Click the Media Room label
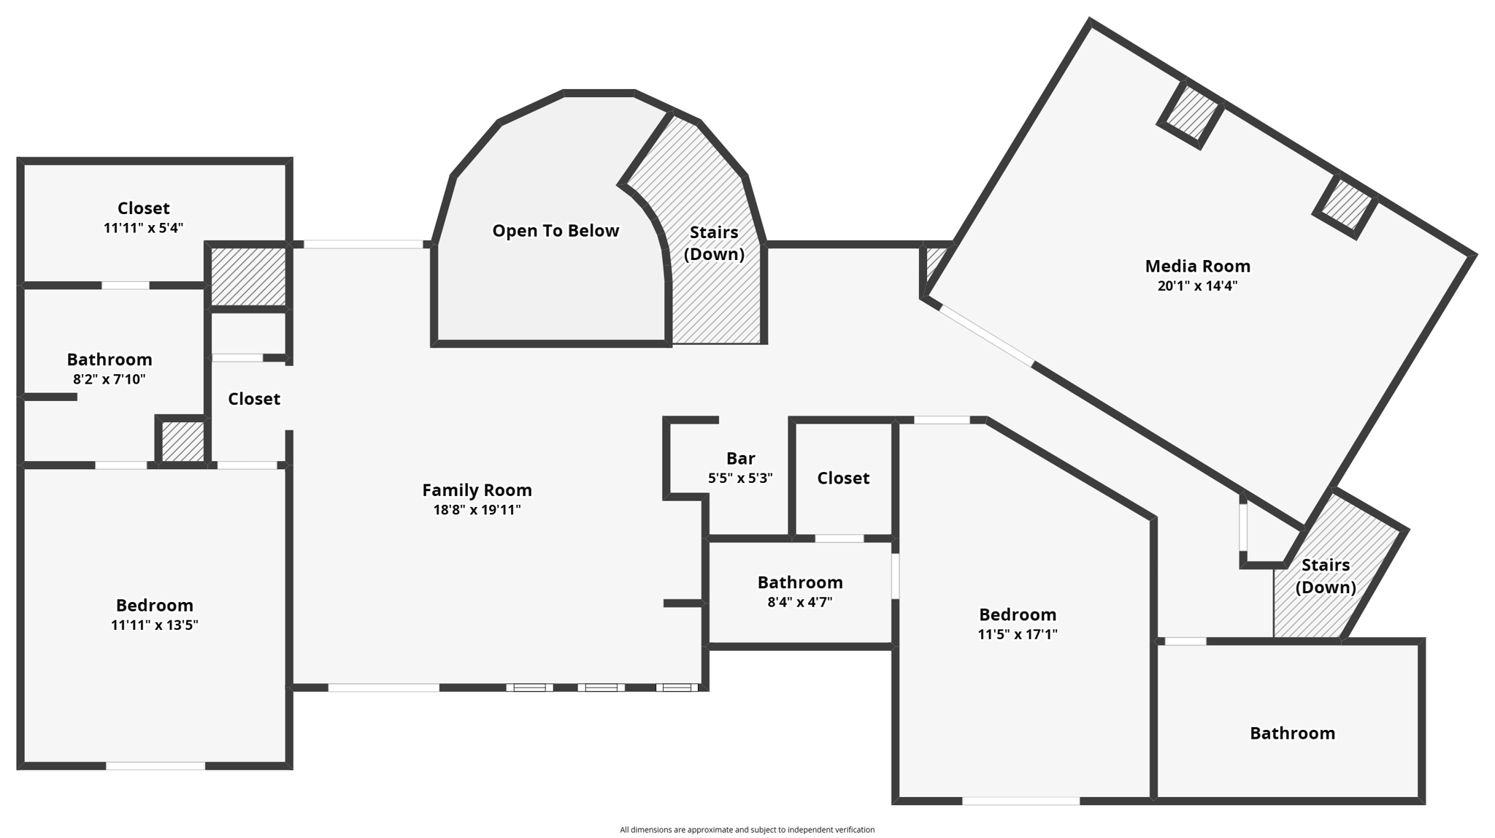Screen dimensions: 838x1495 coord(1197,266)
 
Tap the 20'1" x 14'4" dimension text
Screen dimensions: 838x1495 coord(1197,286)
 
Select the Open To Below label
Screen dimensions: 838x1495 coord(556,231)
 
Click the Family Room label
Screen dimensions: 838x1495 coord(477,490)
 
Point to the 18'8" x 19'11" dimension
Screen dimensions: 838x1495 coord(477,510)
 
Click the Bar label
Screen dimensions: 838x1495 coord(740,459)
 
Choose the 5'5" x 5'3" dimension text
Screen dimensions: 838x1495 coord(740,479)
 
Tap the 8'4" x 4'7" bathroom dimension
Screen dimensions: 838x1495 coord(800,602)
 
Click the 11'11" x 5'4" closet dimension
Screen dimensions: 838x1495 coord(143,228)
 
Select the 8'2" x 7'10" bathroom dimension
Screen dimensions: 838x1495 coord(109,379)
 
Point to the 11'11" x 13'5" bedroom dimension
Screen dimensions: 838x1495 coord(154,625)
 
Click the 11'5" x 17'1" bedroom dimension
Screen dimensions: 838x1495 coord(1018,634)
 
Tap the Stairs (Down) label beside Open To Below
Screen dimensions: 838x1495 coord(714,243)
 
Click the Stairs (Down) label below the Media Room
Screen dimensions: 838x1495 coord(1326,576)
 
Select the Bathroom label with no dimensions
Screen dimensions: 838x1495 coord(1292,734)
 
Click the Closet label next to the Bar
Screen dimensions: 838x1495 coord(843,479)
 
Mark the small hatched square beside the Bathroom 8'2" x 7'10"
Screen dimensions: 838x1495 coord(182,441)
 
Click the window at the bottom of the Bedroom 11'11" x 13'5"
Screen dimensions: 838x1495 coord(155,766)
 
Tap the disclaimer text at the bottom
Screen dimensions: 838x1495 coord(747,829)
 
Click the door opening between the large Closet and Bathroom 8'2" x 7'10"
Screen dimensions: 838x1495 coord(126,286)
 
